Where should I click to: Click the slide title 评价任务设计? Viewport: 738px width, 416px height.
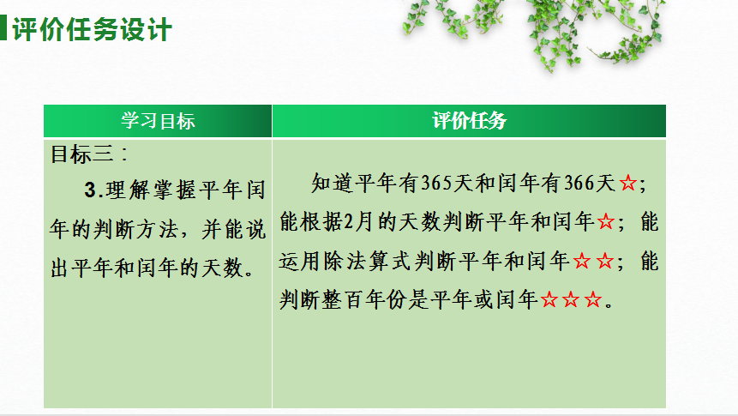coord(93,30)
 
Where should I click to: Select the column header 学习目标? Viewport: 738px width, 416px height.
coord(158,121)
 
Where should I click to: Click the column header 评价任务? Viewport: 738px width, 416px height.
coord(469,121)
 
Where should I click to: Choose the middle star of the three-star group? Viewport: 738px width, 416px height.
coord(571,300)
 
